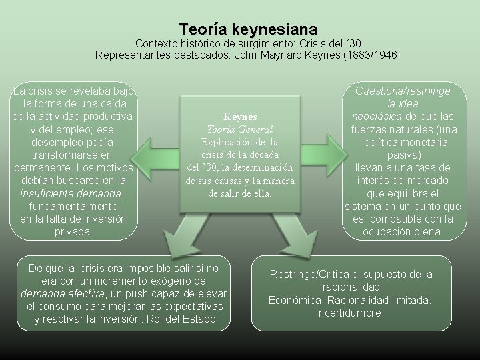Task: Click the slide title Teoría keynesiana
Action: coord(248,29)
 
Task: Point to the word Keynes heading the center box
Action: coord(239,116)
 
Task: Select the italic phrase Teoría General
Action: coord(240,129)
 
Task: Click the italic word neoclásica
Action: coord(376,117)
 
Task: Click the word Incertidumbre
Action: coord(349,312)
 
